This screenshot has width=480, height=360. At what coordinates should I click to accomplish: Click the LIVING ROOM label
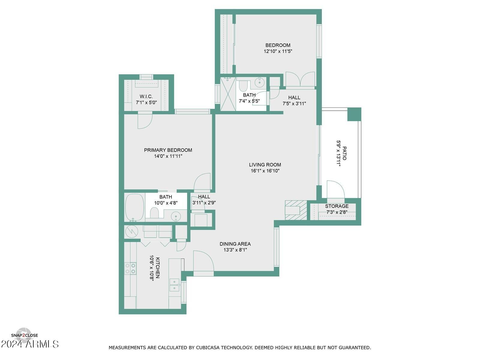click(x=265, y=165)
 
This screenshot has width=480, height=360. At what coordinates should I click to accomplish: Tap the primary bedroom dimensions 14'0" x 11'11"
click(x=168, y=156)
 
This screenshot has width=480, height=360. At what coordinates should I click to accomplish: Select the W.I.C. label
click(x=146, y=97)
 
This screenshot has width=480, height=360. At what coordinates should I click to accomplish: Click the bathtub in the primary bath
click(x=134, y=207)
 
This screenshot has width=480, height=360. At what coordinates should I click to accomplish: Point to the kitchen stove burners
click(x=130, y=268)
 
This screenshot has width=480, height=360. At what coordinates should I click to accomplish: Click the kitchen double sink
click(x=174, y=285)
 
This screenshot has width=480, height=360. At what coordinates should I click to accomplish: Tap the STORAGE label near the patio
click(x=337, y=206)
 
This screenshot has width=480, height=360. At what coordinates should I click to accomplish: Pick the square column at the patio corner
click(x=354, y=114)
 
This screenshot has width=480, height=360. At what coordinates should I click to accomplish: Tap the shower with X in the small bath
click(x=228, y=94)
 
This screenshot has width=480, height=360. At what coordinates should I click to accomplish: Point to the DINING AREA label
click(x=235, y=244)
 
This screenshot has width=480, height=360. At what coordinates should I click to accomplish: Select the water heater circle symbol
click(x=131, y=231)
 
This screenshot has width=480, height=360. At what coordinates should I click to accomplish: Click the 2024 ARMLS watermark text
click(x=30, y=344)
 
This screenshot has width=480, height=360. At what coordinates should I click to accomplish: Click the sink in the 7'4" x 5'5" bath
click(x=259, y=82)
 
